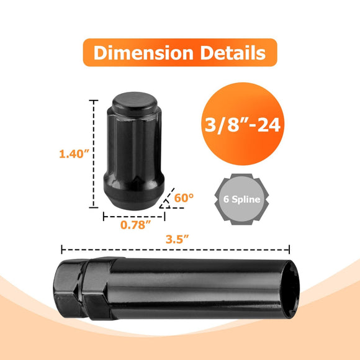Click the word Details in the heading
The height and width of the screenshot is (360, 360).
(232, 53)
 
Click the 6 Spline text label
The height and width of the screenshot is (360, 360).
(241, 200)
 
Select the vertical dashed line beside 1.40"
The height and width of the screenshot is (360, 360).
(94, 155)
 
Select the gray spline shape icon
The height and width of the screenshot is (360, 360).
(241, 200)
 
